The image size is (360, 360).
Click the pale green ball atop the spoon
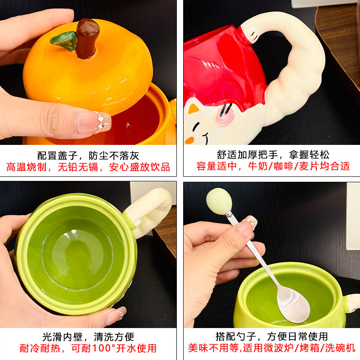click(x=219, y=201)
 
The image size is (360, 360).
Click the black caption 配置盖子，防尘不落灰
click(x=88, y=156)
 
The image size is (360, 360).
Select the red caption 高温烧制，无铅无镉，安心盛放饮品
click(x=88, y=167)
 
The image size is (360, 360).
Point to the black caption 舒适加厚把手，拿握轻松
click(x=273, y=156)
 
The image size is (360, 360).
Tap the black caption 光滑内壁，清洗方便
click(x=88, y=337)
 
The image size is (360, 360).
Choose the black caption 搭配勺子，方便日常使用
click(x=272, y=337)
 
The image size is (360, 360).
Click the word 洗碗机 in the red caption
click(x=341, y=348)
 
